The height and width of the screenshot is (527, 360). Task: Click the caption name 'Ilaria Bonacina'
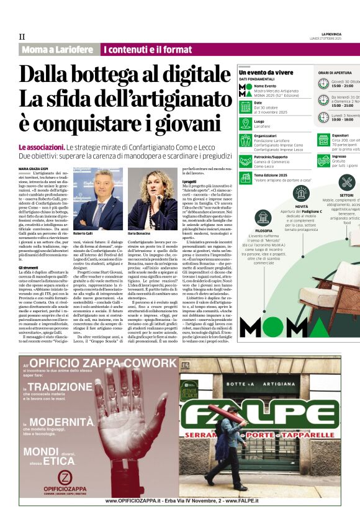[140, 233]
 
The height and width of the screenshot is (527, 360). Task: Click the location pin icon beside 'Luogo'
[246, 123]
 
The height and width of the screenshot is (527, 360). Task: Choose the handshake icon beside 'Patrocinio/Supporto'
[246, 160]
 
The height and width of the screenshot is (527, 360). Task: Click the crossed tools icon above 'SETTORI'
[346, 182]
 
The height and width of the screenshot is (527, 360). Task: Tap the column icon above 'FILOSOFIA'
[263, 218]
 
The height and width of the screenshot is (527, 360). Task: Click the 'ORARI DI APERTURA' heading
[335, 73]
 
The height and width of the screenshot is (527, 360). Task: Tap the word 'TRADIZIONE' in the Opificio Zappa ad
[58, 386]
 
